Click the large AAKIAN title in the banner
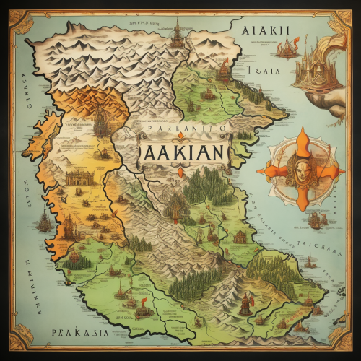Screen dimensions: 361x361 click(x=180, y=154)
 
